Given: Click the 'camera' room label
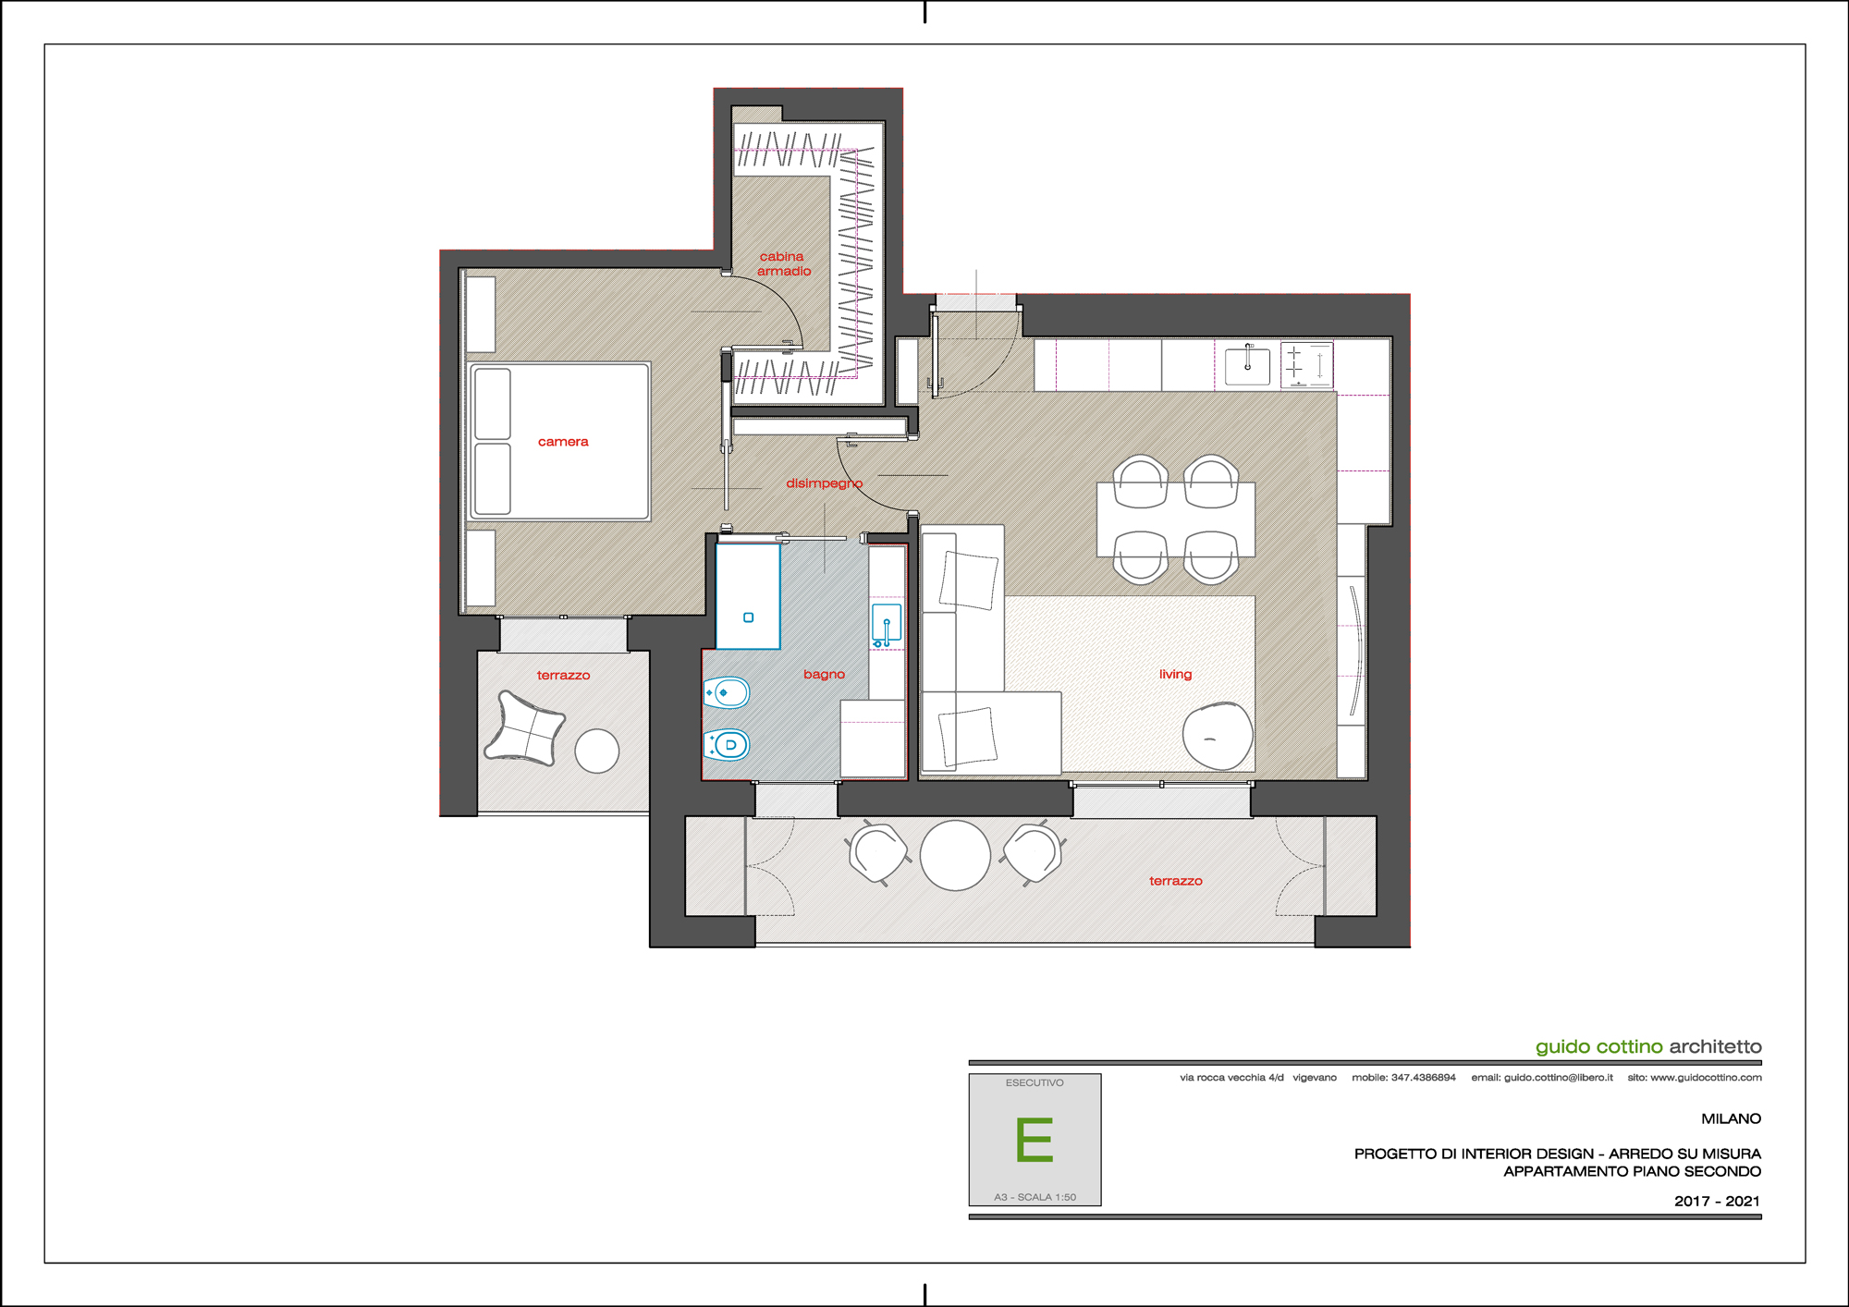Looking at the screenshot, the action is tap(563, 442).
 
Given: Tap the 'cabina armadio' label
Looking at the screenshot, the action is tap(784, 263).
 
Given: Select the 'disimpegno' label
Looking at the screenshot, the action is tap(824, 483).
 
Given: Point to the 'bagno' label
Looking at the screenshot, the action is tap(824, 675).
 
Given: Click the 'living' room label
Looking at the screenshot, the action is tap(1175, 675).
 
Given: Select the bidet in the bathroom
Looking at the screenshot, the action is tap(727, 692).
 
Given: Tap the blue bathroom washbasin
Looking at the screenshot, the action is tap(887, 625).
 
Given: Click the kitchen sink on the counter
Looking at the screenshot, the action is tap(1247, 365).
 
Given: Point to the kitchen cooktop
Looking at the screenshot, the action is tap(1306, 364).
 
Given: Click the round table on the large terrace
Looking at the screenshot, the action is tap(955, 855).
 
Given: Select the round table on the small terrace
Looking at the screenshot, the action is tap(597, 751).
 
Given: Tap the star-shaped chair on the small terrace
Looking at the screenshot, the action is tap(524, 728).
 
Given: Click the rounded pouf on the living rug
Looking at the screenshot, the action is tap(1218, 736).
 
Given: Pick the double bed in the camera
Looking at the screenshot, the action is tap(560, 442).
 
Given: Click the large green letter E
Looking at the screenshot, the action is tap(1035, 1139).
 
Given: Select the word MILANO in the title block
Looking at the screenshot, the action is tap(1731, 1118).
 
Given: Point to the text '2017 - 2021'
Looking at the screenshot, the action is tap(1717, 1201).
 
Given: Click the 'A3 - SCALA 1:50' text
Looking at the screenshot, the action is tap(1035, 1197).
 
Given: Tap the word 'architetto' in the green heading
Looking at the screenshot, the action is tap(1715, 1046).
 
